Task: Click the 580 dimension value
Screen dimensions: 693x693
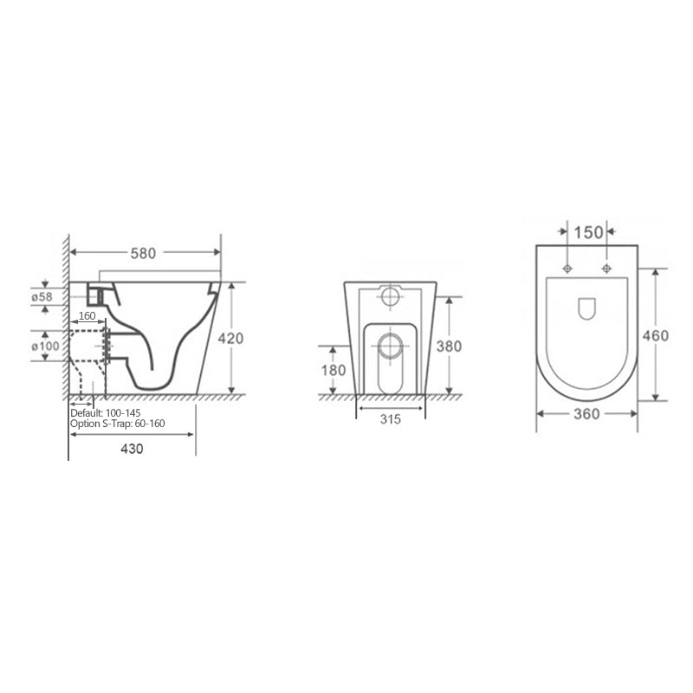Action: point(143,253)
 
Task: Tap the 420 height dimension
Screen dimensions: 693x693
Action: point(230,339)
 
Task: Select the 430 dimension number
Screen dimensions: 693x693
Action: point(132,449)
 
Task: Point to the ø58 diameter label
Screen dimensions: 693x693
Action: point(42,297)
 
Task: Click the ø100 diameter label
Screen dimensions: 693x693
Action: point(45,346)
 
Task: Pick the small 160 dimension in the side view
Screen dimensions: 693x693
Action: point(87,316)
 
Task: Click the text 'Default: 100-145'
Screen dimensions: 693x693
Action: point(106,413)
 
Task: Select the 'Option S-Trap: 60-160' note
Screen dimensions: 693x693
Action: point(118,424)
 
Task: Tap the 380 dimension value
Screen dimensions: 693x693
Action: point(449,346)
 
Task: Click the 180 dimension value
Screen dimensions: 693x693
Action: point(334,371)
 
